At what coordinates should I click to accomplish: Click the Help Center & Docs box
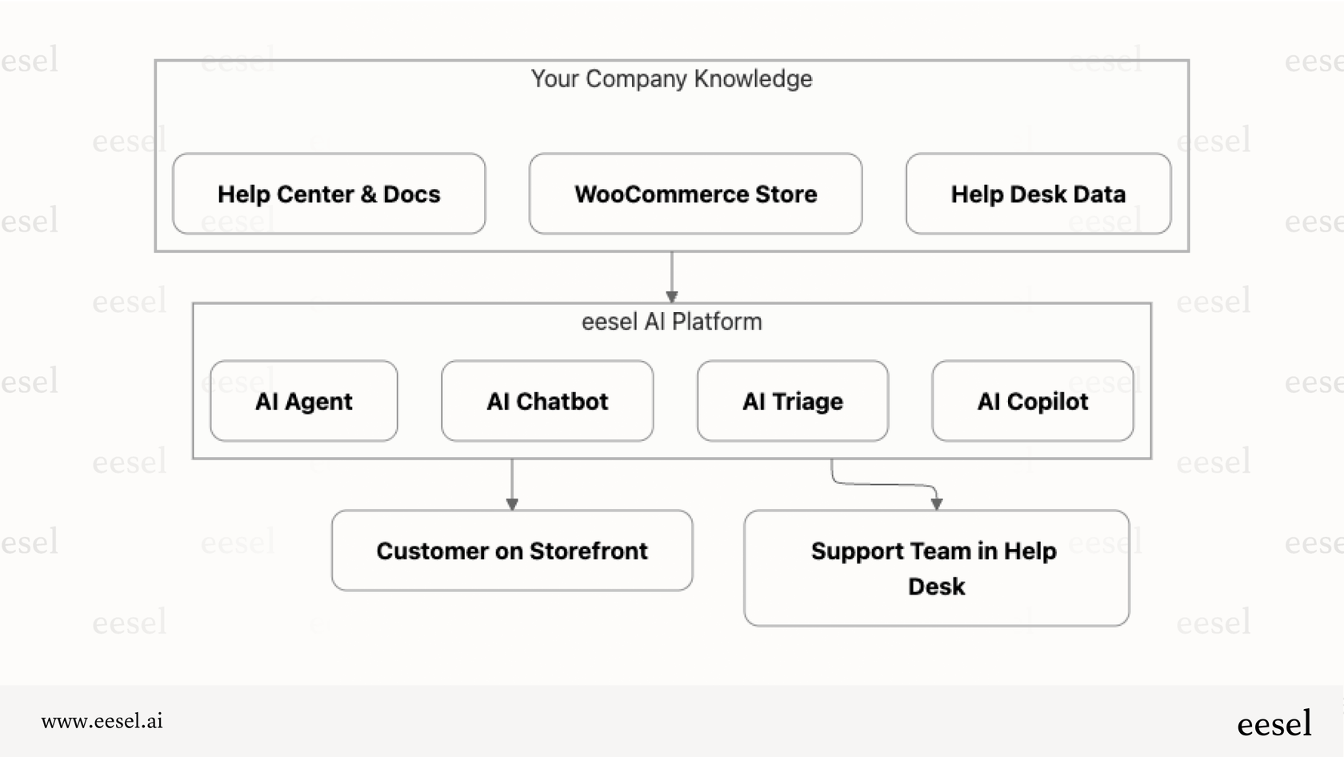click(329, 194)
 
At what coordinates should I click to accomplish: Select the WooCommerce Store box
click(695, 194)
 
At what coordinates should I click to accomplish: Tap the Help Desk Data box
click(1038, 194)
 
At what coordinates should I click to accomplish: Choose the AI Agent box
click(304, 401)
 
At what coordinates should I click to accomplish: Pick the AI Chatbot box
click(547, 401)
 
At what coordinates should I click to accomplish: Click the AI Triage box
click(792, 401)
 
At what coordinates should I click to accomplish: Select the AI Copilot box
click(1032, 401)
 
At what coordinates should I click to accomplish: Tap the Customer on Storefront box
click(512, 551)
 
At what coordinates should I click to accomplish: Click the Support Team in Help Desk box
click(936, 568)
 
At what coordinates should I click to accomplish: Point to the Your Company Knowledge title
click(671, 78)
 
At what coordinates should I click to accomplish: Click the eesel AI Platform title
click(671, 322)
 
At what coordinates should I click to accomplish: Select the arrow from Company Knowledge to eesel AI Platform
click(671, 277)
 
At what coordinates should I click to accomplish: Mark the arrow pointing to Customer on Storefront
click(512, 484)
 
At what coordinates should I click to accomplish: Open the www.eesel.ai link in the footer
click(102, 721)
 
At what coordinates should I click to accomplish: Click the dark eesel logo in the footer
click(1274, 723)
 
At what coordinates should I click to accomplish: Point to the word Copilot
click(1047, 401)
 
